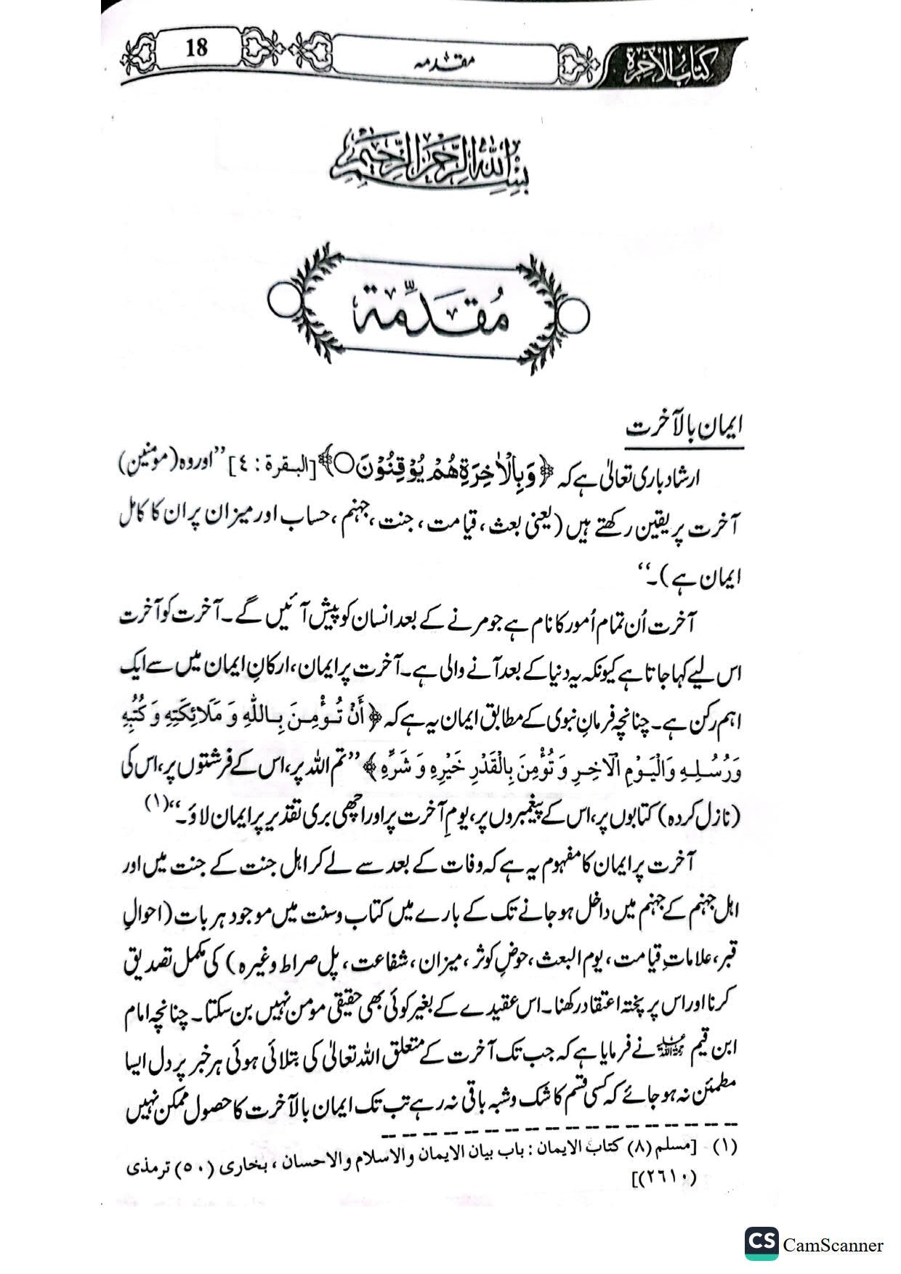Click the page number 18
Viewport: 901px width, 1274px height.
(196, 49)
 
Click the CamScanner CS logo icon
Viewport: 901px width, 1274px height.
(761, 1243)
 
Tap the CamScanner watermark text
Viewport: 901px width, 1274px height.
(833, 1245)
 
